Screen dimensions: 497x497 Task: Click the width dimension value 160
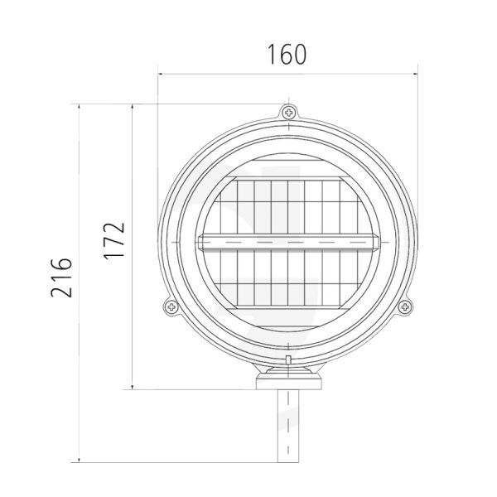[x=287, y=55]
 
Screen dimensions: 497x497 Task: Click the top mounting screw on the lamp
[x=287, y=112]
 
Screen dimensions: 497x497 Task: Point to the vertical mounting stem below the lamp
[x=287, y=431]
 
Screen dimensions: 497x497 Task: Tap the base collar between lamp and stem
[x=287, y=382]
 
